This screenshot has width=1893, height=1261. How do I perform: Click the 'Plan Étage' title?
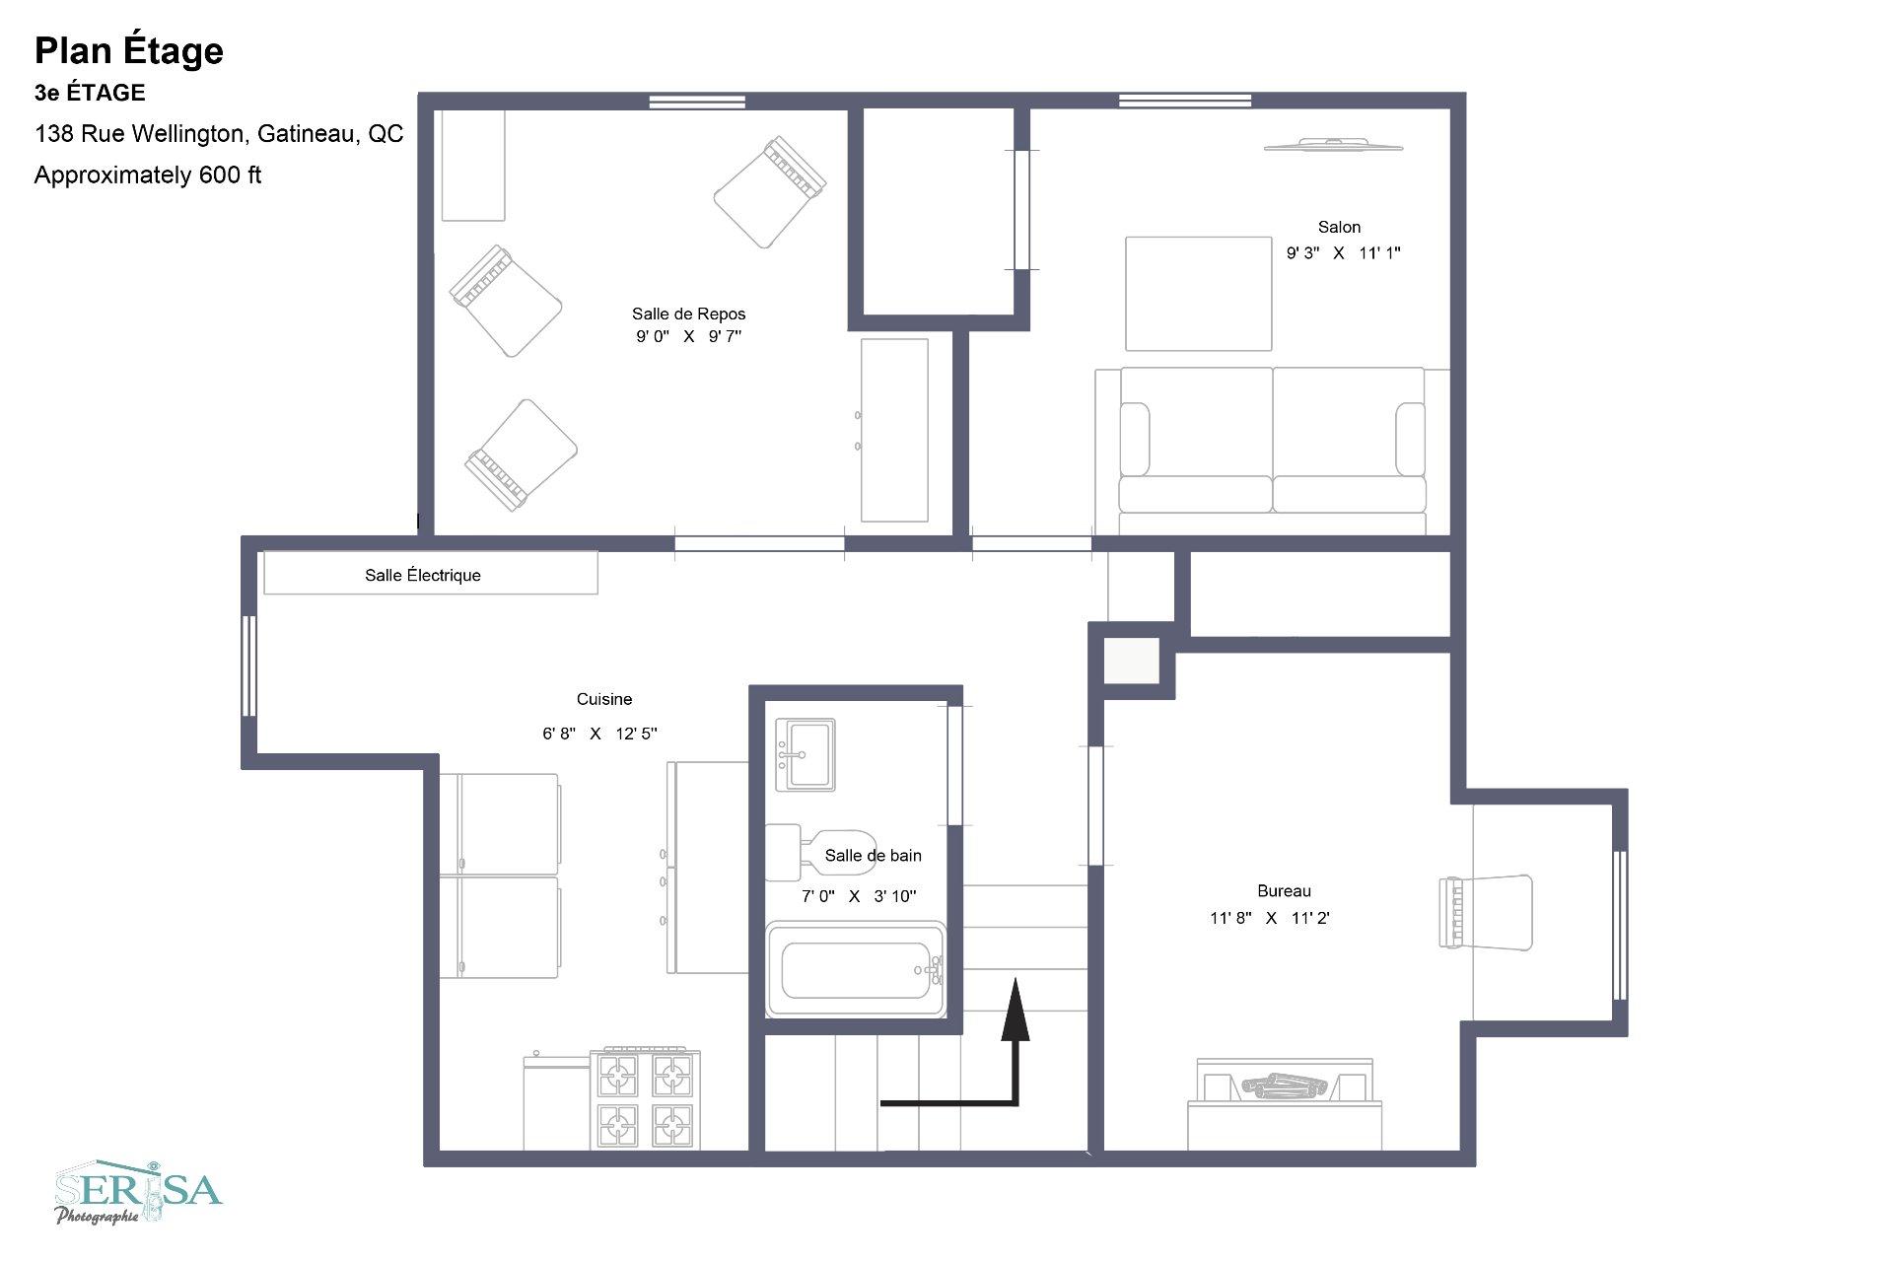pos(129,50)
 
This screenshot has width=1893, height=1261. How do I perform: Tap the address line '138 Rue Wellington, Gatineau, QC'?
pos(219,134)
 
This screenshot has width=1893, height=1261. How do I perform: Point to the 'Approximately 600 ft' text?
pos(148,175)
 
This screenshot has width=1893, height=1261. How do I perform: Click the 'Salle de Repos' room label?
pos(688,314)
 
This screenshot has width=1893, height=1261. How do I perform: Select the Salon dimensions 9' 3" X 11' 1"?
pos(1343,252)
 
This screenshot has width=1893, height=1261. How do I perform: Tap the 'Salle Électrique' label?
pos(423,576)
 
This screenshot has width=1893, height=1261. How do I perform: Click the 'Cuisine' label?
pos(604,699)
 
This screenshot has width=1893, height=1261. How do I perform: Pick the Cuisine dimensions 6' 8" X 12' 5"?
pos(599,734)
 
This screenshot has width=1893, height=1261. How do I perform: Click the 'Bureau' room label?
pos(1284,891)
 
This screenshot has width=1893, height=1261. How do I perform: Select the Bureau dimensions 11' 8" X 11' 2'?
pos(1270,918)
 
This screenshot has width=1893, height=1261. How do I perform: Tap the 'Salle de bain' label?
pos(874,856)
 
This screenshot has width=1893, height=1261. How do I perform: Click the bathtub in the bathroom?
pos(856,969)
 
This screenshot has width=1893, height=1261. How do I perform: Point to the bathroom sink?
pos(806,754)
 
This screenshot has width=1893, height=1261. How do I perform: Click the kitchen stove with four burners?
pos(646,1098)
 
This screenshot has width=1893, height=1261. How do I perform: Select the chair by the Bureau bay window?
pos(1486,912)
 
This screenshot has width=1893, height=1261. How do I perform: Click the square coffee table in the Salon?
pos(1199,293)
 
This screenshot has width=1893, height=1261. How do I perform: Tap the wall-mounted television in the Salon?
pos(1333,145)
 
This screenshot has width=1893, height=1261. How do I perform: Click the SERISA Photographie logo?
pos(138,1192)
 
